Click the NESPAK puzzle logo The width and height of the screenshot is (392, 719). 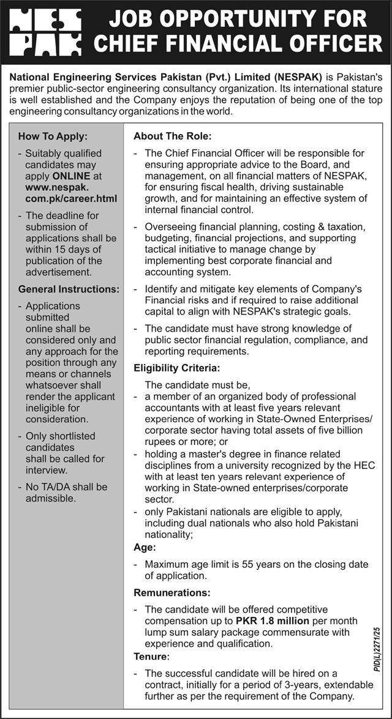pyautogui.click(x=43, y=32)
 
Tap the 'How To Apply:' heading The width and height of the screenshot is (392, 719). pyautogui.click(x=53, y=136)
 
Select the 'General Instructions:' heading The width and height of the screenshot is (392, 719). pyautogui.click(x=69, y=288)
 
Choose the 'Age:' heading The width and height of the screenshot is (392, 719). pyautogui.click(x=145, y=548)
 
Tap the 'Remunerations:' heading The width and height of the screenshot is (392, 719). pyautogui.click(x=172, y=593)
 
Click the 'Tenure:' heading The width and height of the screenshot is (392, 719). pyautogui.click(x=151, y=656)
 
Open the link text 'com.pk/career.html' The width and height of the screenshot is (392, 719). pyautogui.click(x=70, y=198)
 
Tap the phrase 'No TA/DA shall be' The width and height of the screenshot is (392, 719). pyautogui.click(x=66, y=487)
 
